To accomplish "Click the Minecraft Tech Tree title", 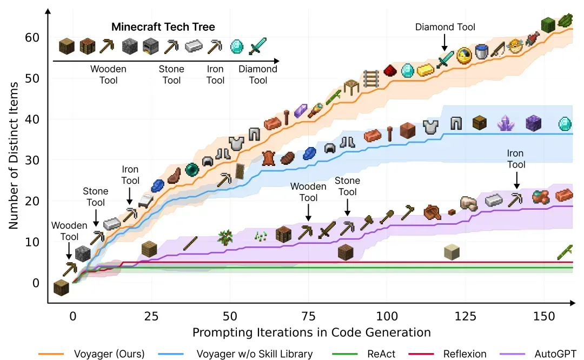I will (163, 27).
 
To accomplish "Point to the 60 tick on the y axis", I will (32, 37).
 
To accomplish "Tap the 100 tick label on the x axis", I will (387, 316).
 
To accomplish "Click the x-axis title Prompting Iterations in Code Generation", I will (311, 332).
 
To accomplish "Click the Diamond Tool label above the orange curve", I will (445, 27).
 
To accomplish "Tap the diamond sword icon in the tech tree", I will (258, 46).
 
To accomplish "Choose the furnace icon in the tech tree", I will (151, 47).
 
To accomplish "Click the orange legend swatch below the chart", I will (50, 355).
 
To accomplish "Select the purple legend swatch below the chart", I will (512, 355).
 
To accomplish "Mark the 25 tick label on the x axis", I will (152, 316).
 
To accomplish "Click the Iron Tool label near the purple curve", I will (516, 159).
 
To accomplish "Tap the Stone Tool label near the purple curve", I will (347, 186).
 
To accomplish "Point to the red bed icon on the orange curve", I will (146, 201).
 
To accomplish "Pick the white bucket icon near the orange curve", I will (482, 52).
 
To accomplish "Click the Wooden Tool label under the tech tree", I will (108, 75).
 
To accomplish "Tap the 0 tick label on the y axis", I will (36, 283).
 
